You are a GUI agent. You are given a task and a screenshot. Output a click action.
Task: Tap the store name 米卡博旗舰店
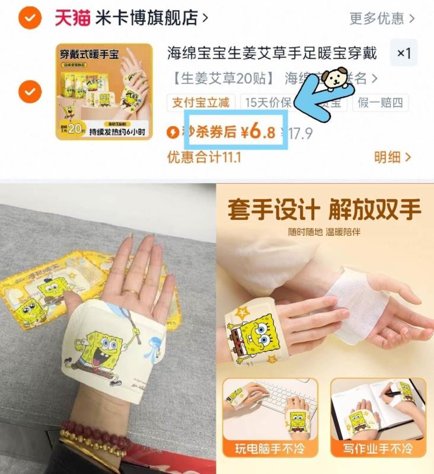coord(146,18)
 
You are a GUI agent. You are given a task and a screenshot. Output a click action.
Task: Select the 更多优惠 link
coord(376,18)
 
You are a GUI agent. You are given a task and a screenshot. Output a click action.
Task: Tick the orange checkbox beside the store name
coord(29,18)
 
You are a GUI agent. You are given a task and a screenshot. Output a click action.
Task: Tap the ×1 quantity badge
coord(404,53)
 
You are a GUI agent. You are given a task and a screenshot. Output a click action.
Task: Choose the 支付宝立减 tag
coord(202,103)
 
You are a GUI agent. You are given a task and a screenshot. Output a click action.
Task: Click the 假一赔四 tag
coord(380,103)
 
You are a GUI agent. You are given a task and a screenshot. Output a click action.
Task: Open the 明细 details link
coord(392,157)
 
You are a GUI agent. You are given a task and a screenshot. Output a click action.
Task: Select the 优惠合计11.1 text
coord(204,157)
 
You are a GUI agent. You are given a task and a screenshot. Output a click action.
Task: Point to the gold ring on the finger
coord(131,292)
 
